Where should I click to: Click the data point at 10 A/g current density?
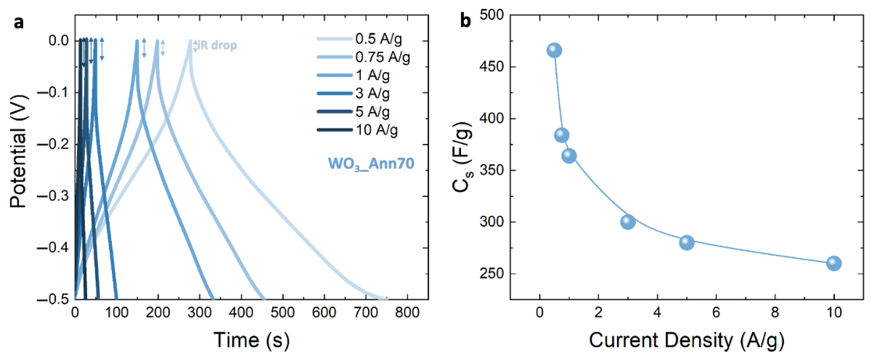[834, 263]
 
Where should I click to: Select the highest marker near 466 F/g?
[554, 50]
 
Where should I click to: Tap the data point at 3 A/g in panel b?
[628, 222]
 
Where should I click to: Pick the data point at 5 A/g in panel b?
[687, 242]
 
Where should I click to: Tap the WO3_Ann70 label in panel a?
[371, 164]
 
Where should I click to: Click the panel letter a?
[19, 23]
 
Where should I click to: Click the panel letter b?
[465, 21]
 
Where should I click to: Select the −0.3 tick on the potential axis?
[53, 196]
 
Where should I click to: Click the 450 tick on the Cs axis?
[491, 67]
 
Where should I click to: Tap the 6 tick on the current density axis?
[716, 312]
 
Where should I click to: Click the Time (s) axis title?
[251, 340]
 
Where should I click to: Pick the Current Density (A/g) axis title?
[687, 340]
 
